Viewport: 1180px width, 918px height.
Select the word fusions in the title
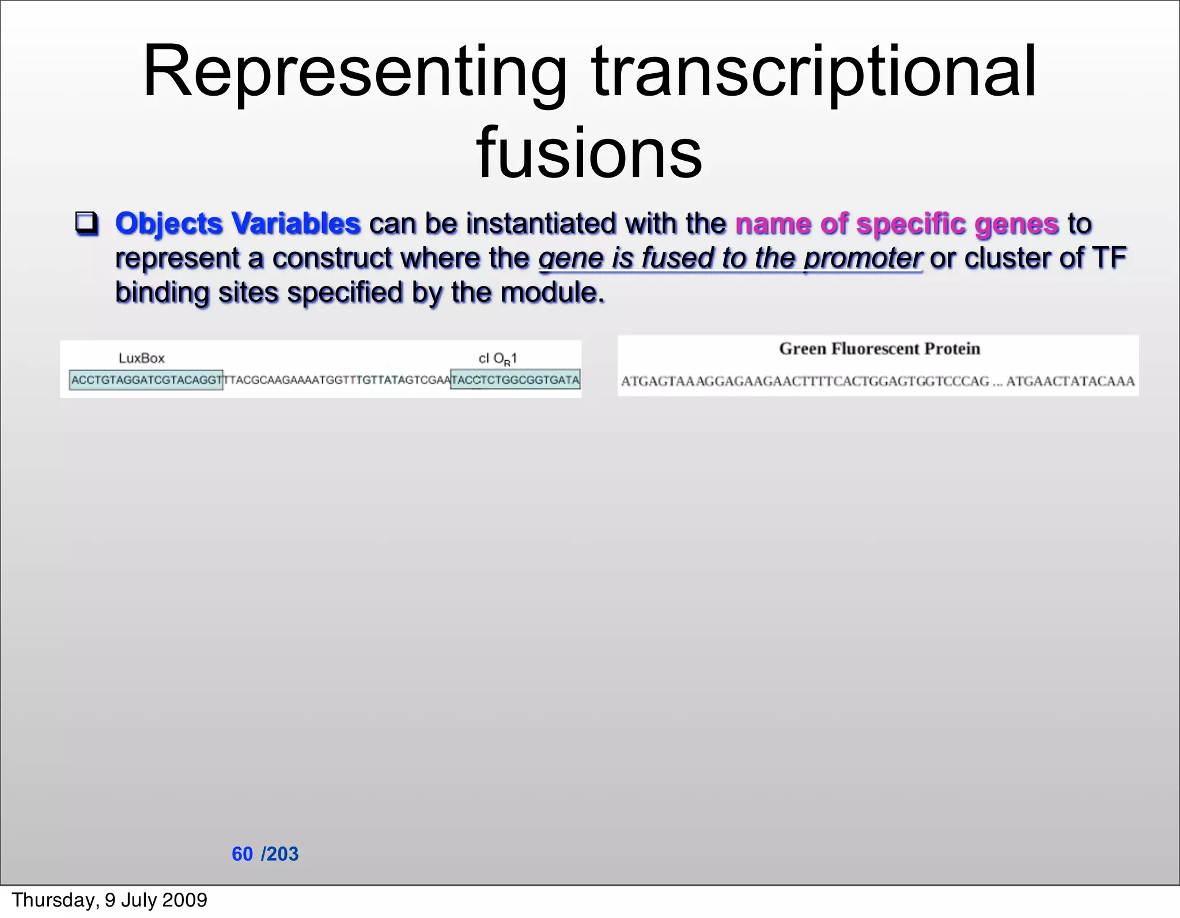[x=589, y=153]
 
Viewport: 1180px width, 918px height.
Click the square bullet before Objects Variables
[x=86, y=224]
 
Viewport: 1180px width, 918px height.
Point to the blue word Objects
[x=168, y=224]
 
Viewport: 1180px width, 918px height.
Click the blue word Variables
[x=296, y=224]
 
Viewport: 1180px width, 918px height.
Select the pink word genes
[x=1016, y=224]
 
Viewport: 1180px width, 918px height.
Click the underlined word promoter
[x=863, y=258]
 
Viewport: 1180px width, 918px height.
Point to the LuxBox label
[x=141, y=358]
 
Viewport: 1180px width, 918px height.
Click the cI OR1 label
[x=498, y=358]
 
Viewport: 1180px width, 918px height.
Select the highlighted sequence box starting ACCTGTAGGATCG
[x=146, y=380]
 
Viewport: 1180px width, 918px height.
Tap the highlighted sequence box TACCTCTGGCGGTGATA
[x=515, y=380]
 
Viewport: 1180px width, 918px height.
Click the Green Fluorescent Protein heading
[x=879, y=349]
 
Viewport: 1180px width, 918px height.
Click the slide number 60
[x=242, y=854]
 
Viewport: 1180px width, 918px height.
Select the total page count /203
[x=280, y=854]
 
